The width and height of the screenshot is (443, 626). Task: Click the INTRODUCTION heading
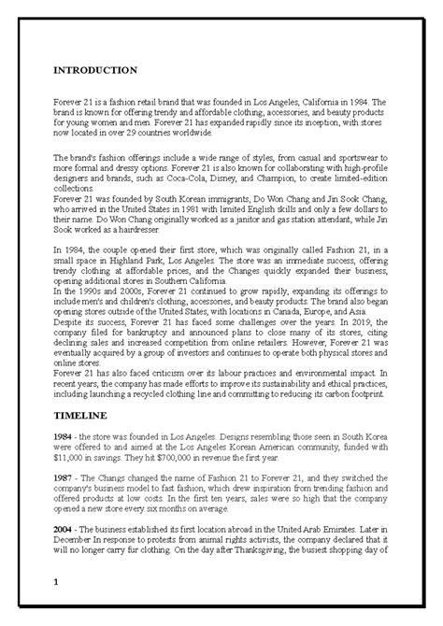pos(96,69)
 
